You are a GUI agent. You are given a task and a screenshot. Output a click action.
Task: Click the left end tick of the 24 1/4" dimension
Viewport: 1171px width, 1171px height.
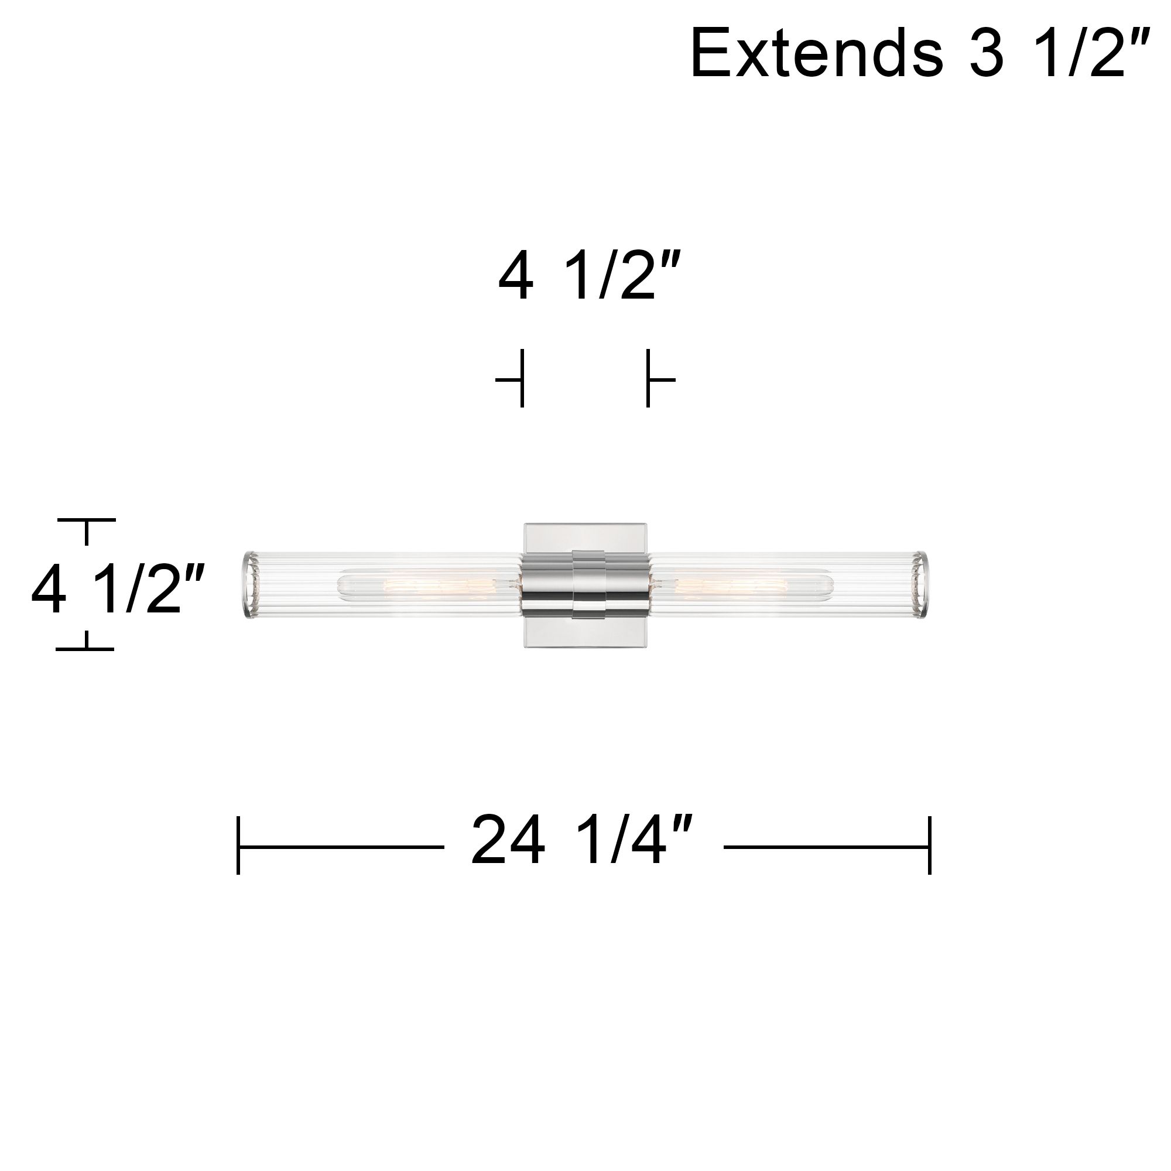pyautogui.click(x=238, y=845)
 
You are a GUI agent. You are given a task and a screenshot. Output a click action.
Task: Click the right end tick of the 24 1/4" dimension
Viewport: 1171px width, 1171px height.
pyautogui.click(x=929, y=845)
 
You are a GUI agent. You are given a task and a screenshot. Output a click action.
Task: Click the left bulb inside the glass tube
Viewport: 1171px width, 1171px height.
pyautogui.click(x=418, y=585)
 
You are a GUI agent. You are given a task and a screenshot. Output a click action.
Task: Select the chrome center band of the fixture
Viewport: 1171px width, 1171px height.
pyautogui.click(x=585, y=585)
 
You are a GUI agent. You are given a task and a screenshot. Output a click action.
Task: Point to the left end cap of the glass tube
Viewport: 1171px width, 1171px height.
pyautogui.click(x=251, y=585)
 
